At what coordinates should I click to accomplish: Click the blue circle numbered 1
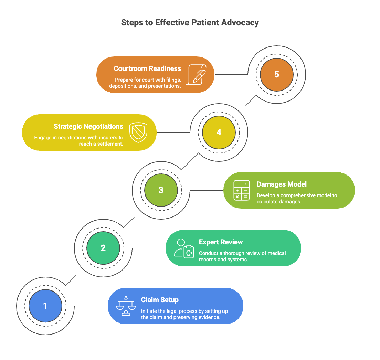[x=45, y=306]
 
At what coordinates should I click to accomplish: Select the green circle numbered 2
[x=103, y=248]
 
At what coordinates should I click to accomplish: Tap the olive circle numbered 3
[x=161, y=190]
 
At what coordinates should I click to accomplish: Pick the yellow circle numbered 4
[x=219, y=132]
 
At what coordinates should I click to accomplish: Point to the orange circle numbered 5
[x=277, y=74]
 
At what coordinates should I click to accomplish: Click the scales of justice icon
[x=126, y=306]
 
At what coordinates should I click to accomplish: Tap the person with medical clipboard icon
[x=184, y=248]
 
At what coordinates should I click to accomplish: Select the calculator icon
[x=241, y=190]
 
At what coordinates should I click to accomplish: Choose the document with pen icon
[x=196, y=74]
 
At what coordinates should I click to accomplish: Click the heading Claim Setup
[x=160, y=300]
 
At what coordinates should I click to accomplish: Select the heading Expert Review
[x=221, y=242]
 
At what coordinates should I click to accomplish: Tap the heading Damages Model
[x=282, y=184]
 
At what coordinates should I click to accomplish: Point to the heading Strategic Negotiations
[x=88, y=126]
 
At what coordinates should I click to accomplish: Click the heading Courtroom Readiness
[x=147, y=68]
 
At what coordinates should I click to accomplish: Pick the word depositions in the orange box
[x=123, y=86]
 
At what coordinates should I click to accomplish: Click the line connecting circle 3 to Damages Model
[x=206, y=190]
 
